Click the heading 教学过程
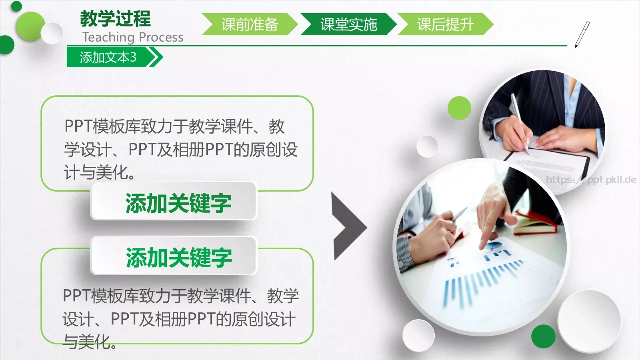tap(115, 18)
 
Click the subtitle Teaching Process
tap(133, 37)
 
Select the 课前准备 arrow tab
tap(250, 24)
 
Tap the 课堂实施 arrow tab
tap(348, 24)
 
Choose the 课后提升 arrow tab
tap(445, 24)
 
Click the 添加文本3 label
tap(108, 57)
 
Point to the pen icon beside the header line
tap(582, 34)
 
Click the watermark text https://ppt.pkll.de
tap(591, 180)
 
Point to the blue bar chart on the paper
tap(480, 280)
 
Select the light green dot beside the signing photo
tap(459, 108)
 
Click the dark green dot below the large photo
tap(543, 336)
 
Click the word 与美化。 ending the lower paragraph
tap(90, 342)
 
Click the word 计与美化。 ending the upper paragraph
tap(100, 173)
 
